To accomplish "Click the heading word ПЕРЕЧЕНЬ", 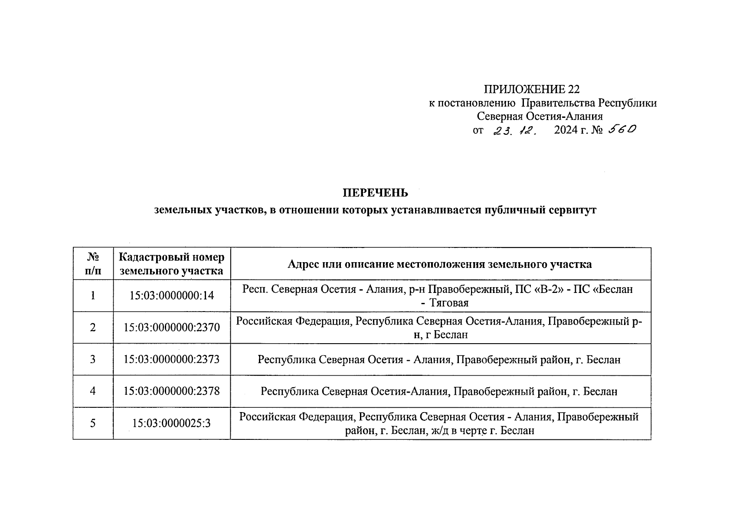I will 375,192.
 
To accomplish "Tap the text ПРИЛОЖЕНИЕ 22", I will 531,89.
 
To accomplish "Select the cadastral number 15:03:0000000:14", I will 172,296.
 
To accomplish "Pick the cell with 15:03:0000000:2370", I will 172,328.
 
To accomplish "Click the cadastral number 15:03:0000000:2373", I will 172,359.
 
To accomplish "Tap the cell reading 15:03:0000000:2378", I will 172,391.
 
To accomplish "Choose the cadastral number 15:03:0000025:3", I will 172,423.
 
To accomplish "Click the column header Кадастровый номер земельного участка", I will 172,264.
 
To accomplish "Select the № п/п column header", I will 93,264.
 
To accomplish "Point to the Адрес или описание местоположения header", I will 440,264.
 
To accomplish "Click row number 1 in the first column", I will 93,296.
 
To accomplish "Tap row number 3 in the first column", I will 93,359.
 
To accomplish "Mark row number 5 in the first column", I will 93,423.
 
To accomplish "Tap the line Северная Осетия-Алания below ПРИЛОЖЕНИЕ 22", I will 540,116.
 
